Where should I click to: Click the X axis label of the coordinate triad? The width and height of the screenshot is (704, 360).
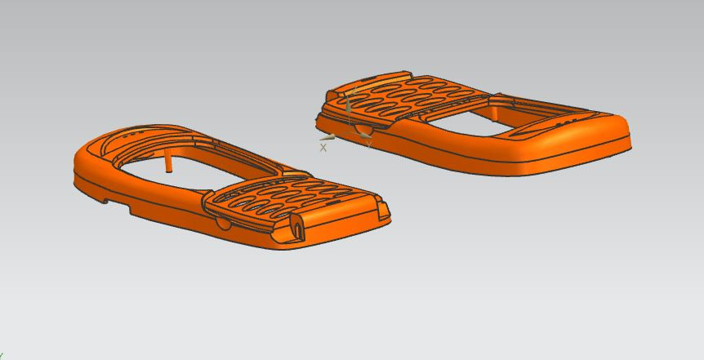tap(323, 148)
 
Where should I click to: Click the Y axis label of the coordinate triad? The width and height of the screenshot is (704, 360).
tap(368, 144)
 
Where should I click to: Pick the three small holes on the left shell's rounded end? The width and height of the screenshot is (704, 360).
tap(136, 132)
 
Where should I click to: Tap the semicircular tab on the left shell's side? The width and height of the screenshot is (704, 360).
tap(222, 222)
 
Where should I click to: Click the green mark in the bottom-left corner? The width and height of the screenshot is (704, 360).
tap(2, 356)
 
